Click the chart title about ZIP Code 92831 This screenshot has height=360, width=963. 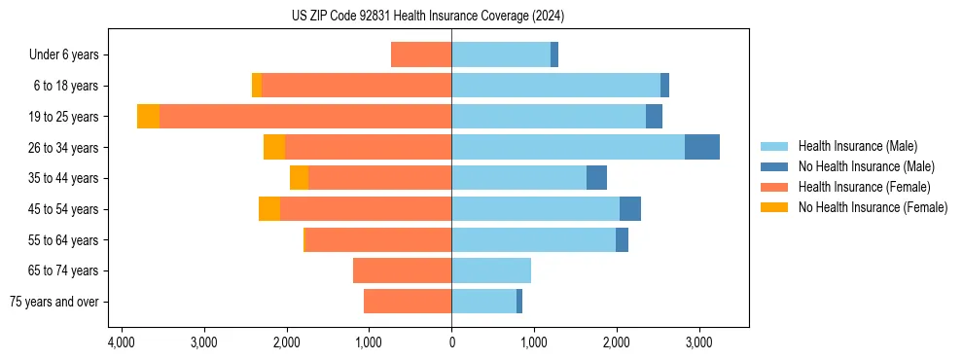427,17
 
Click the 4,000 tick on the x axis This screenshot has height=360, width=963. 121,342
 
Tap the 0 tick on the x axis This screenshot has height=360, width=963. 451,342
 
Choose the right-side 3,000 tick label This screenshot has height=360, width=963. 698,342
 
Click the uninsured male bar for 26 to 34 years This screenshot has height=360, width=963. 702,147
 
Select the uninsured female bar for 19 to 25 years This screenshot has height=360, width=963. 148,117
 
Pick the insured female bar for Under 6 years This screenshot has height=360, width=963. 421,54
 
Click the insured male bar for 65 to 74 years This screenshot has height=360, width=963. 491,270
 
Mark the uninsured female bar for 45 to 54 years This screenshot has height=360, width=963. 269,209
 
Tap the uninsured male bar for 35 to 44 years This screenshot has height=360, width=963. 596,178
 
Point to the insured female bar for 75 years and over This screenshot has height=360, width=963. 408,302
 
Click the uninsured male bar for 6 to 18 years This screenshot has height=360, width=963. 664,86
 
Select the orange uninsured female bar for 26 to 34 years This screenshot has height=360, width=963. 274,147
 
